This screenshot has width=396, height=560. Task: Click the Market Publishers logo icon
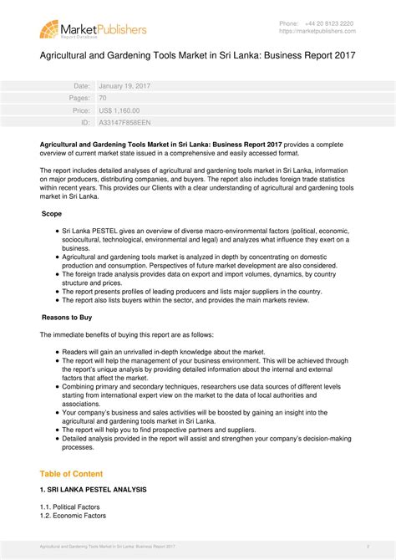(49, 31)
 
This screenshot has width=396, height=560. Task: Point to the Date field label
(82, 86)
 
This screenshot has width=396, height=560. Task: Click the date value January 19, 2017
(124, 86)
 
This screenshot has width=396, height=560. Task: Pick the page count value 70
(103, 98)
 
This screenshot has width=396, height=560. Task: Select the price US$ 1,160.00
(119, 110)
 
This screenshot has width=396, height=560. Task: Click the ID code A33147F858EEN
(125, 122)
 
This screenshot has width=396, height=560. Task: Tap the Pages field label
(79, 98)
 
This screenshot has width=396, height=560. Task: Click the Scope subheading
(52, 215)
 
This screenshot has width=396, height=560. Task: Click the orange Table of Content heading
(72, 473)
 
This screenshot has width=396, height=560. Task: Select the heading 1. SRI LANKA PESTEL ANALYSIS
(93, 489)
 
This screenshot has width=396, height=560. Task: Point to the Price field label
(81, 110)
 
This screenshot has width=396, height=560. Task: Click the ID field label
(85, 122)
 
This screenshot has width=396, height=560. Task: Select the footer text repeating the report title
(107, 546)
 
